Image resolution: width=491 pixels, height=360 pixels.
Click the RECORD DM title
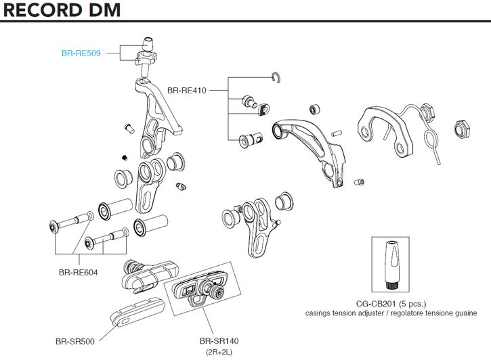click(61, 12)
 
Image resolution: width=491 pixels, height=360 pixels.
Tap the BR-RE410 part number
click(187, 89)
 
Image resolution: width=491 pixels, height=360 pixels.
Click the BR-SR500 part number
click(75, 341)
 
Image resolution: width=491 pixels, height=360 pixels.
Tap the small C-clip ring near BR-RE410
click(276, 77)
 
